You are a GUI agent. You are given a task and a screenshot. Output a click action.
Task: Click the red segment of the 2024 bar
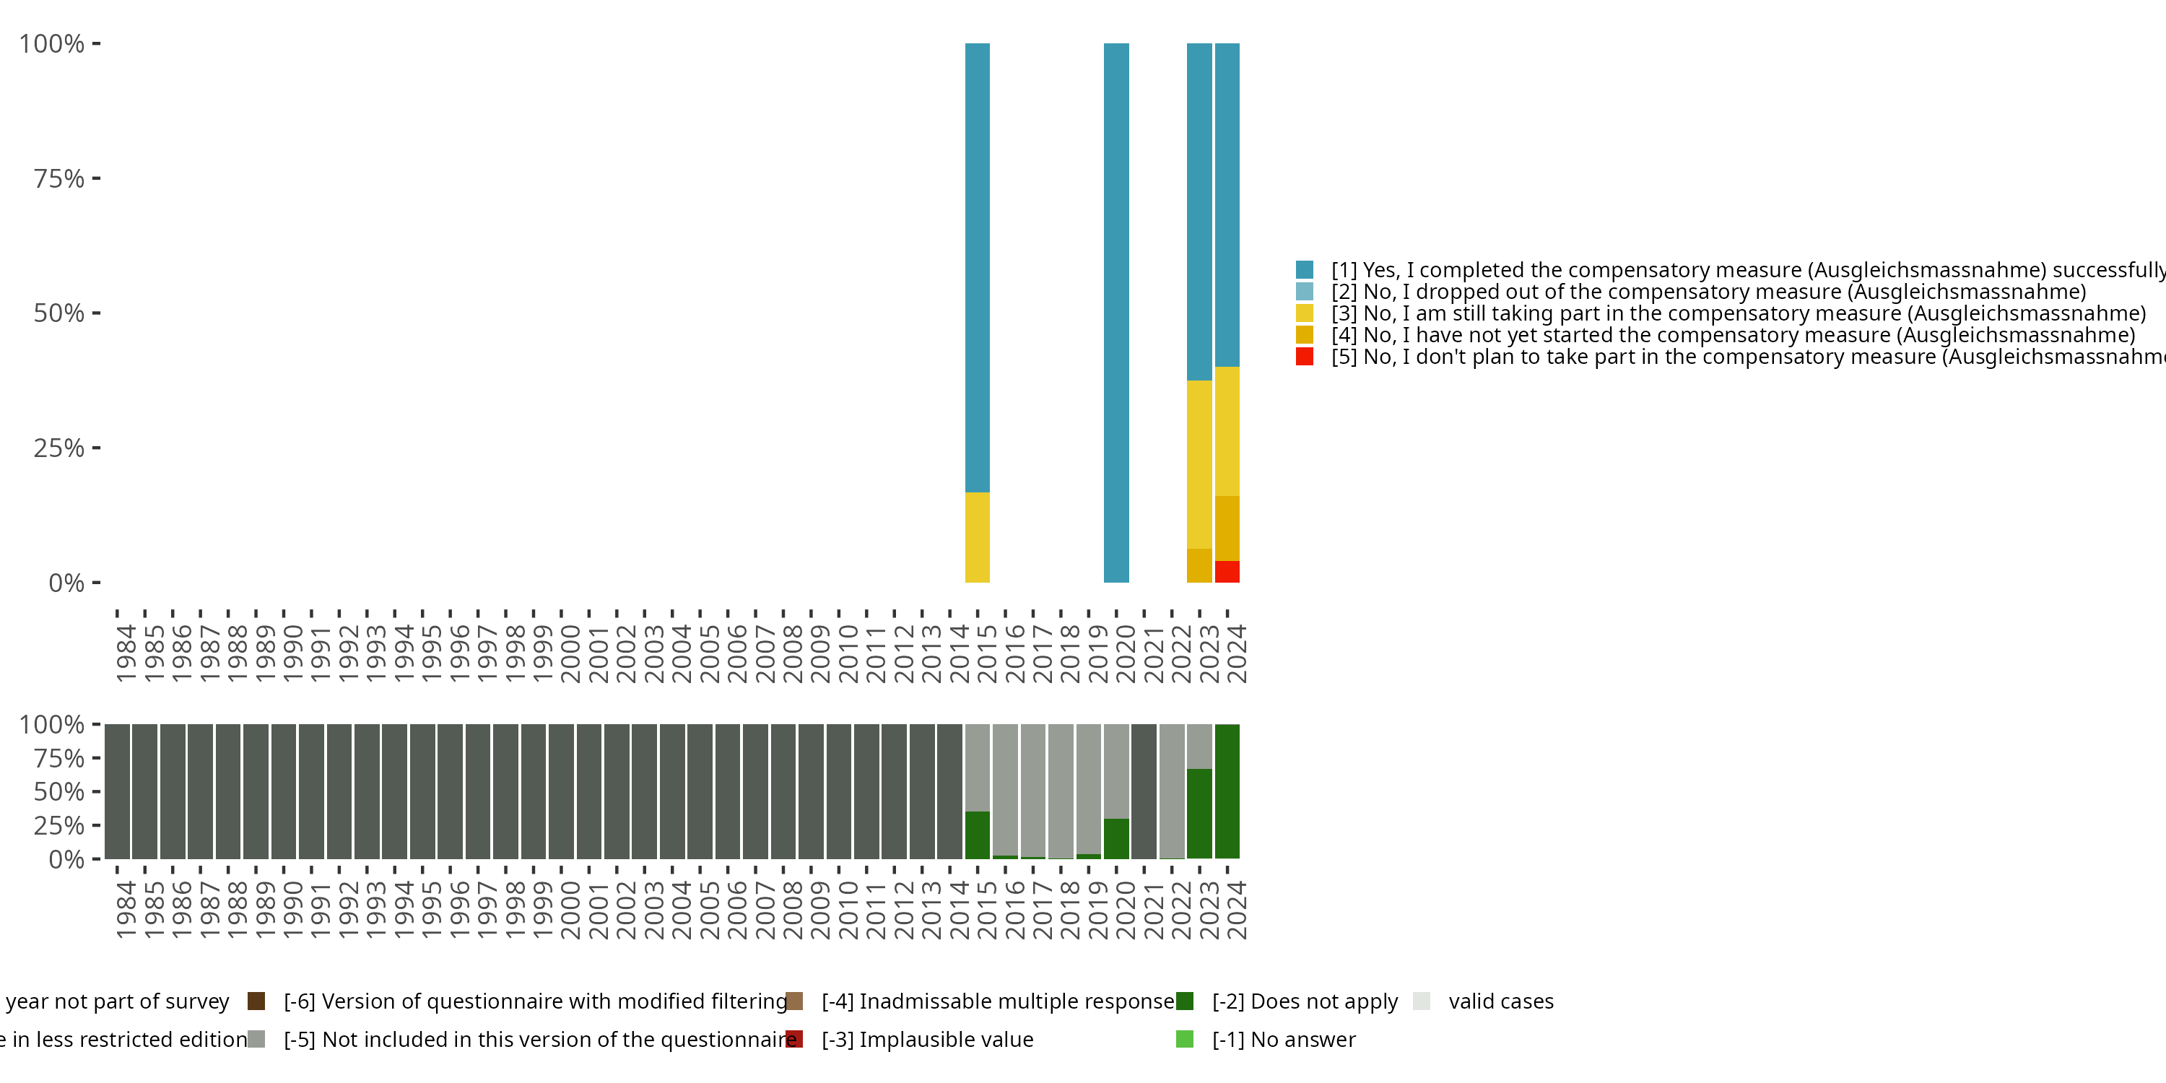(x=1227, y=572)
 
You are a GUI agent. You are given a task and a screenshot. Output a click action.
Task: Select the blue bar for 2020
(x=1115, y=312)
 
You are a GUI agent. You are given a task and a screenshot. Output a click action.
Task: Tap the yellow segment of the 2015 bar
(x=977, y=537)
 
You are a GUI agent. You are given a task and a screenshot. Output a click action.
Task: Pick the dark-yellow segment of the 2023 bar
(x=1199, y=565)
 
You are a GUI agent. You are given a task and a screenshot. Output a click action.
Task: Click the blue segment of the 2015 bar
(x=977, y=267)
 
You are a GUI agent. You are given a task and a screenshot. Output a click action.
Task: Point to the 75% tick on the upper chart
(x=96, y=178)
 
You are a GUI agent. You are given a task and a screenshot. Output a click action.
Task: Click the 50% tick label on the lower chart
(x=59, y=792)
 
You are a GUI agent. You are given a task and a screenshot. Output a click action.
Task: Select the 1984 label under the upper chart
(x=126, y=653)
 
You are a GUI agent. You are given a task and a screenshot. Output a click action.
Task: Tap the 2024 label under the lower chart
(x=1236, y=910)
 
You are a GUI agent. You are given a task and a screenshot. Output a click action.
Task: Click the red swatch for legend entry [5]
(x=1304, y=357)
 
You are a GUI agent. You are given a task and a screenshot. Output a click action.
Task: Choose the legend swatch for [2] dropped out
(x=1304, y=292)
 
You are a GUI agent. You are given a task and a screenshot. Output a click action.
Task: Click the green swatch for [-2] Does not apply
(x=1185, y=1001)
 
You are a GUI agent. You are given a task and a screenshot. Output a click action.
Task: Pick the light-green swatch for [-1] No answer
(x=1185, y=1039)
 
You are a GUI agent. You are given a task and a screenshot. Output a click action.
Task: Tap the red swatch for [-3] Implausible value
(x=795, y=1039)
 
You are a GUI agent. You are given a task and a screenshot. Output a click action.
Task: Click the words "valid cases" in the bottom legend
(x=1501, y=1001)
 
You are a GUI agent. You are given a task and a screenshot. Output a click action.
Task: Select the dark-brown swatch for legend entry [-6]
(x=256, y=1001)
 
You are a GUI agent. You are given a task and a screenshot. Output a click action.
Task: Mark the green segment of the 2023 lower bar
(x=1199, y=813)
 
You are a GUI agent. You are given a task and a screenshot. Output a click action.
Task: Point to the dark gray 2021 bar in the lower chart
(x=1144, y=791)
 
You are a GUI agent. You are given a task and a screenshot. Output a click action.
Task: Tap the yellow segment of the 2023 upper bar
(x=1199, y=464)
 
